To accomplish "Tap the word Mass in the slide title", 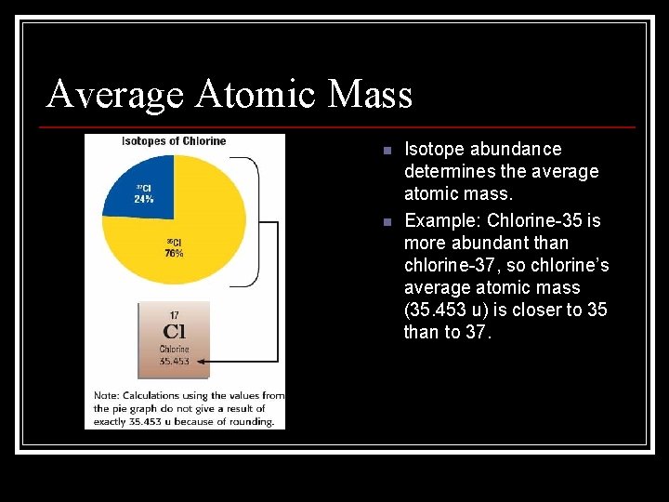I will coord(369,95).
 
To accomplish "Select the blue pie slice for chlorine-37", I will coord(139,186).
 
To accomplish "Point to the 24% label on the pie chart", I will coord(143,199).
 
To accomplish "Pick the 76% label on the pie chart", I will coord(174,253).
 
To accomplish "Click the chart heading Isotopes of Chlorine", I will coord(174,141).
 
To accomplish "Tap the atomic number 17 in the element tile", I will coord(174,316).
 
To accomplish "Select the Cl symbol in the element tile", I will coord(174,332).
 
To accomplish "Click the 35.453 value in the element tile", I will coord(174,361).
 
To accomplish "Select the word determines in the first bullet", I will coord(449,171).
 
